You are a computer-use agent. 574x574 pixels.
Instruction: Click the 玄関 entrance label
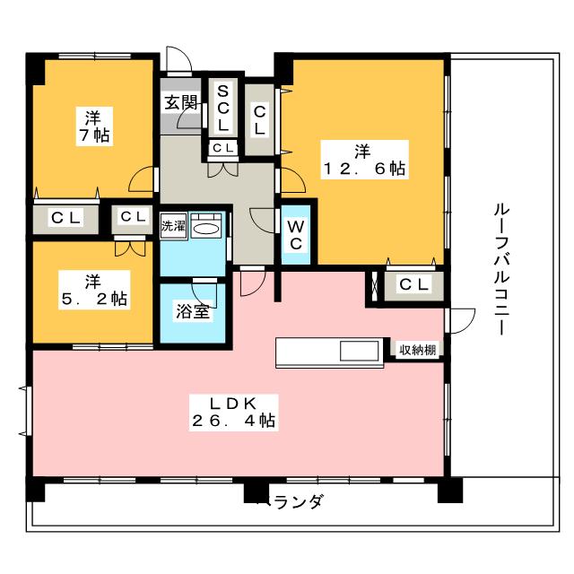click(180, 103)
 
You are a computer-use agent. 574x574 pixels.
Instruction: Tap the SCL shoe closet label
click(223, 108)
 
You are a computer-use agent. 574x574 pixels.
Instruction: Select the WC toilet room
click(296, 235)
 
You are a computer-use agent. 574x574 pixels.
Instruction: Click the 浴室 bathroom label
click(193, 311)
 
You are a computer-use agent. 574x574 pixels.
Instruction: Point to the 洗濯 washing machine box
click(173, 226)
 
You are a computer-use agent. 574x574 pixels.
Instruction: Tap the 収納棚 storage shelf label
click(418, 350)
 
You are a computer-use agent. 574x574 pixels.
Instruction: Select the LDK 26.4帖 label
click(233, 413)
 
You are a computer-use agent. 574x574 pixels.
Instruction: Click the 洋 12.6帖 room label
click(364, 160)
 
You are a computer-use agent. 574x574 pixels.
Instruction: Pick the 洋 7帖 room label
click(94, 126)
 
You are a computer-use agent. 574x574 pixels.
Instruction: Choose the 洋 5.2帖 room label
click(94, 291)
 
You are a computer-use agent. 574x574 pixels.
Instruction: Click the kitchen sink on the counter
click(360, 352)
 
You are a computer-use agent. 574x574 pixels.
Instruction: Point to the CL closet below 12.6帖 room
click(414, 284)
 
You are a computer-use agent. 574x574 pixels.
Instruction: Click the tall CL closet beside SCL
click(259, 119)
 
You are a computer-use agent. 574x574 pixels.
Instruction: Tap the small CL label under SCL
click(223, 148)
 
